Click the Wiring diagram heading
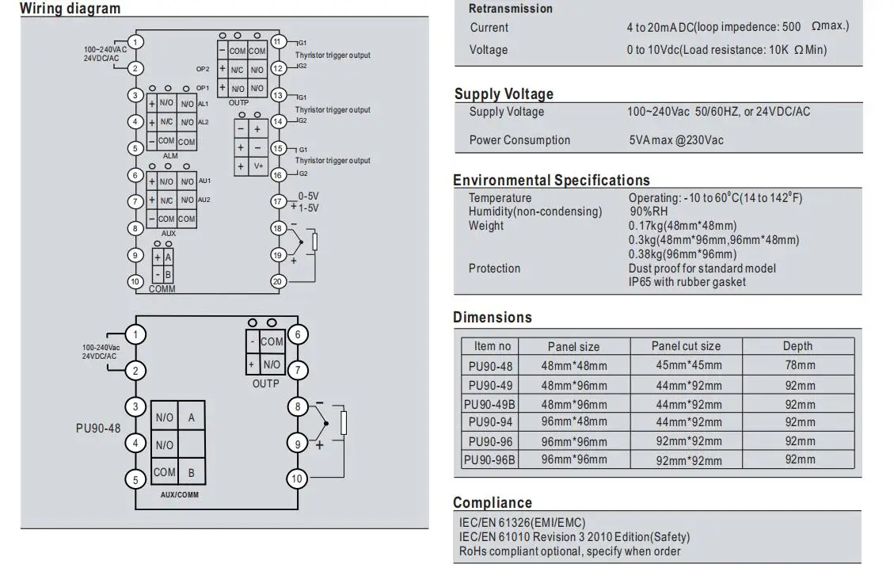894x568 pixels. (x=70, y=9)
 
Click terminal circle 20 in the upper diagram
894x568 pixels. (x=278, y=281)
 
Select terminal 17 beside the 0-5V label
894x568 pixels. (x=278, y=201)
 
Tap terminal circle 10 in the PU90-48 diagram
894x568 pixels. (x=297, y=479)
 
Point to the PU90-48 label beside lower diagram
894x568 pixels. (x=98, y=429)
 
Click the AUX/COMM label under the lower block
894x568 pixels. (x=180, y=495)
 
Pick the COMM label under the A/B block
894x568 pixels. (x=162, y=289)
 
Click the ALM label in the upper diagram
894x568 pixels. (x=170, y=156)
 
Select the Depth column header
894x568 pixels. (x=797, y=346)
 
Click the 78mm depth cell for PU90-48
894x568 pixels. (x=800, y=365)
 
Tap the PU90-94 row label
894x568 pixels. (x=490, y=422)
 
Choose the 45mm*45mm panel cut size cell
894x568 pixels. (x=689, y=365)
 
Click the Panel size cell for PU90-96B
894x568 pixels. (x=574, y=459)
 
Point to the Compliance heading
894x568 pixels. (x=493, y=502)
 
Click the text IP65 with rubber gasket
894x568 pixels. (x=687, y=282)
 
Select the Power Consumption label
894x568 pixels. (x=519, y=140)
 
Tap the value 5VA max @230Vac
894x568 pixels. (x=676, y=140)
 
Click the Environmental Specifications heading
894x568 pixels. (x=551, y=180)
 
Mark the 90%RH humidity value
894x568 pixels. (x=649, y=212)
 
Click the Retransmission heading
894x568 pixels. (x=511, y=9)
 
